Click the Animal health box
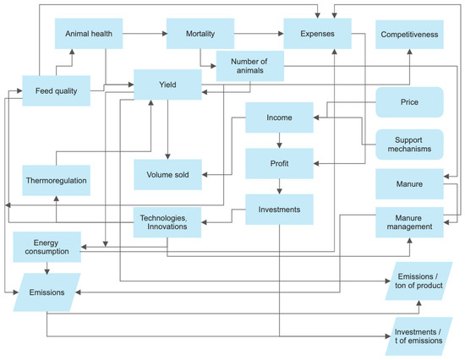point(89,35)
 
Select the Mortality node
point(200,35)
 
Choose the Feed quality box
point(56,90)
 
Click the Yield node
point(167,85)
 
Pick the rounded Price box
point(409,102)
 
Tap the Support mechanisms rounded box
point(409,143)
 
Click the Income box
point(279,117)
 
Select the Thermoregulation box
point(56,181)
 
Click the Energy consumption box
point(46,247)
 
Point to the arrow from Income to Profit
point(279,140)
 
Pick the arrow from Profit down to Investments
point(279,186)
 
